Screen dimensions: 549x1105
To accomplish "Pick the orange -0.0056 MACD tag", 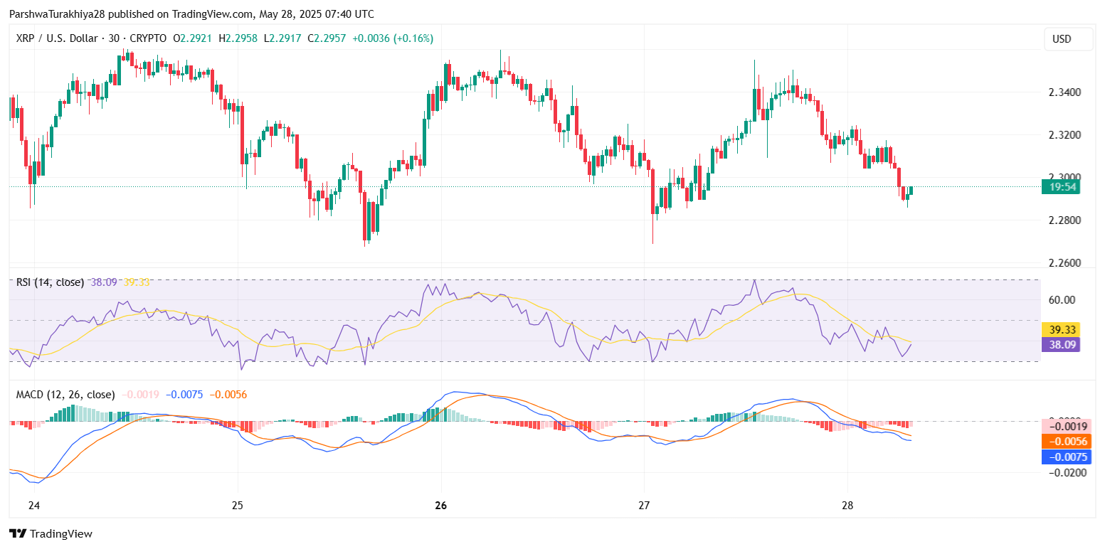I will (x=1065, y=442).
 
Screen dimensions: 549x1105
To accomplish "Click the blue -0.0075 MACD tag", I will (x=1065, y=457).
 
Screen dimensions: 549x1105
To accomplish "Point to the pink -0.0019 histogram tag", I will (x=1065, y=427).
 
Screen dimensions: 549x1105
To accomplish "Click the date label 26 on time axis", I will (x=440, y=506).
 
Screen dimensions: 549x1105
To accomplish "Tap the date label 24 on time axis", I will (x=33, y=506).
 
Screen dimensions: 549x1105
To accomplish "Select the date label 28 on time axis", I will (x=847, y=506).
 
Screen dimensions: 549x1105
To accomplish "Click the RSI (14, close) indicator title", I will (x=50, y=282).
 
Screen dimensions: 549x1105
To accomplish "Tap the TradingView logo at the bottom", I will (x=51, y=533).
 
